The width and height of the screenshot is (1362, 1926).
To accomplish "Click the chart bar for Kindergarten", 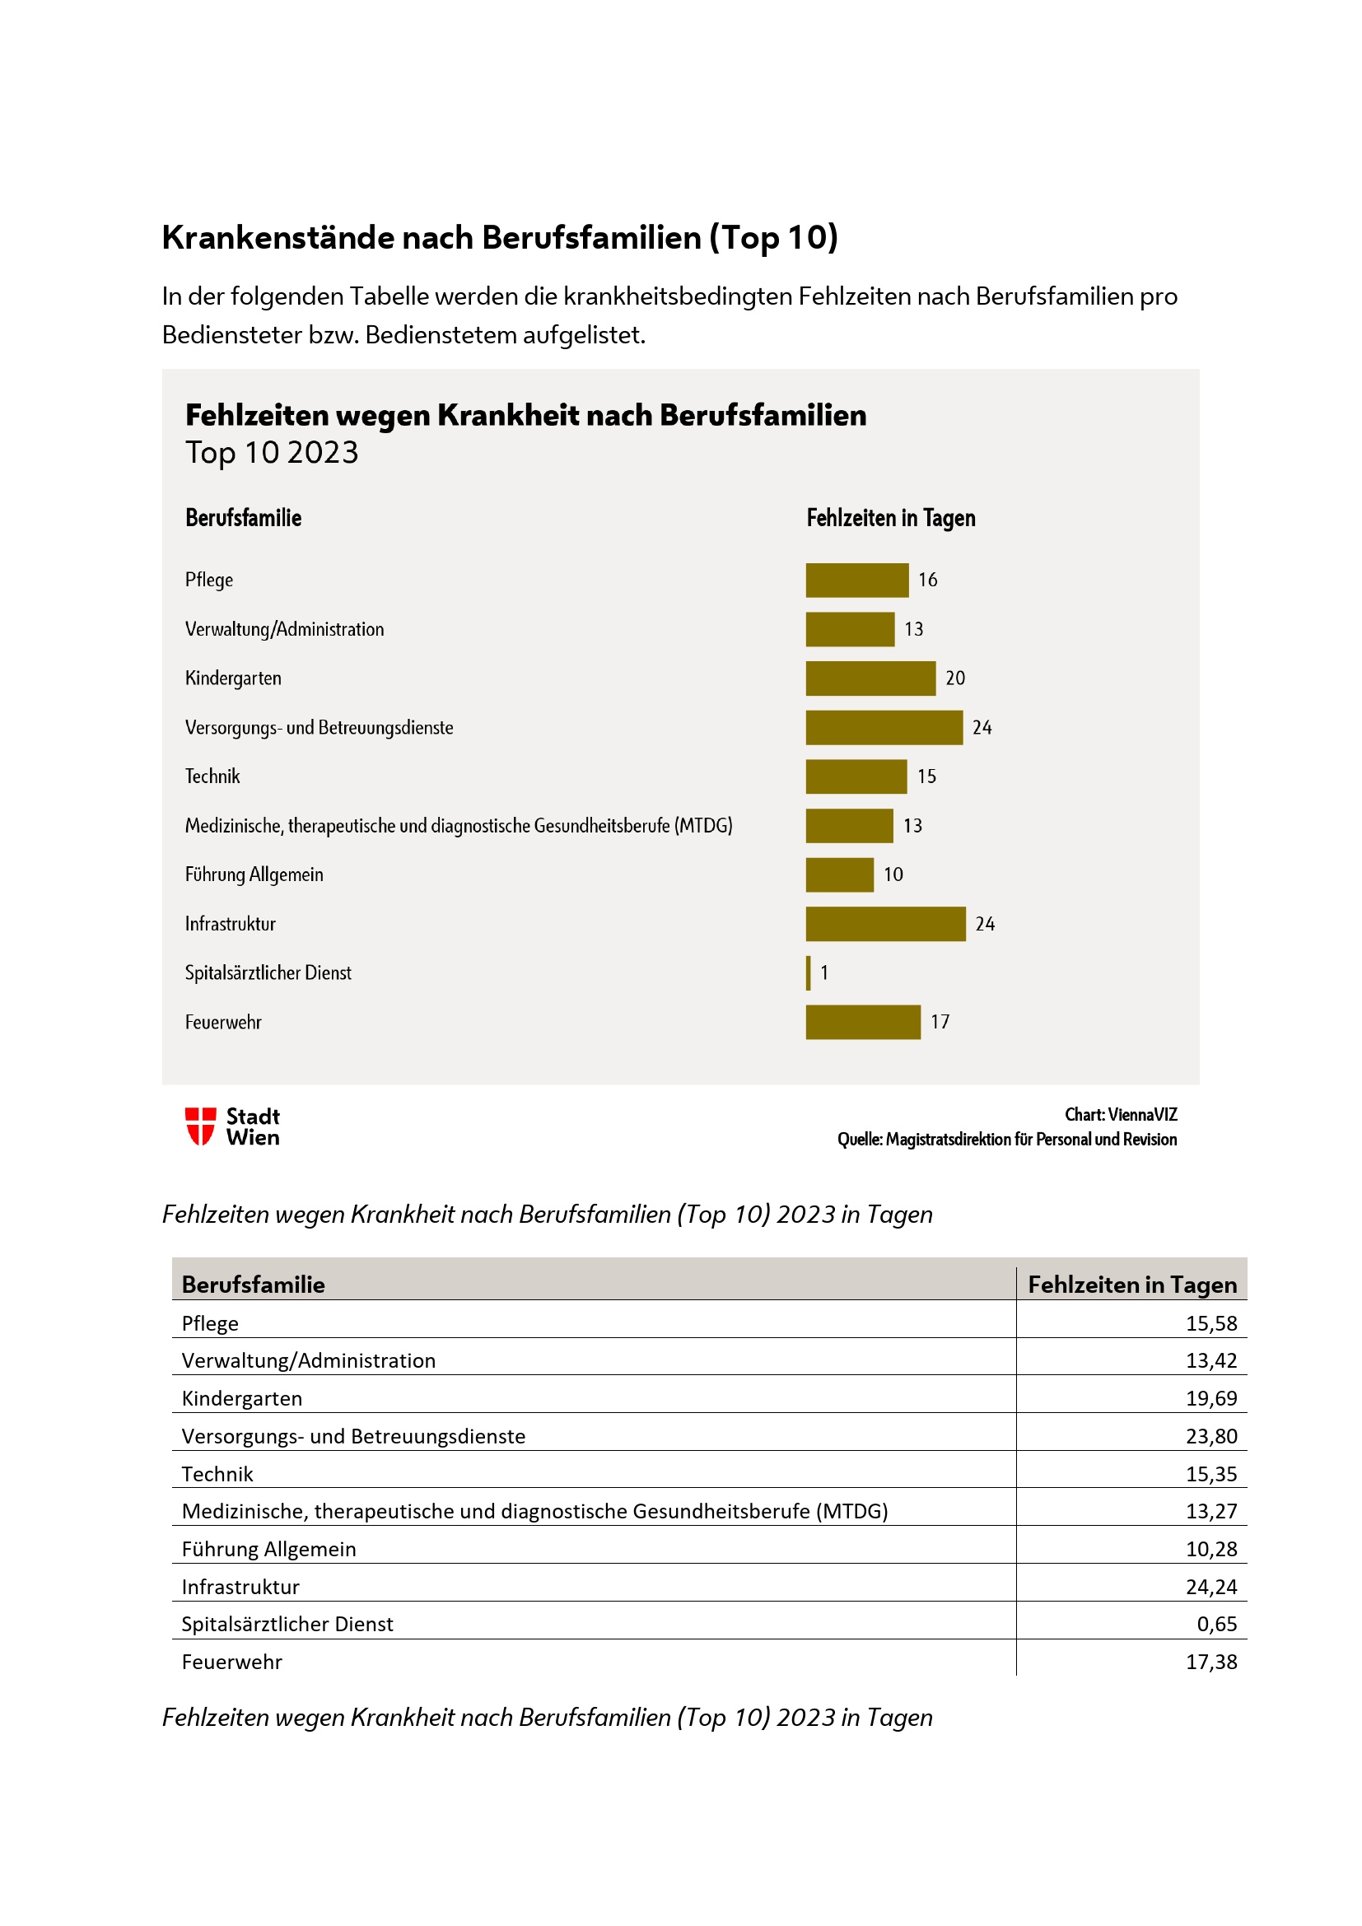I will click(x=870, y=678).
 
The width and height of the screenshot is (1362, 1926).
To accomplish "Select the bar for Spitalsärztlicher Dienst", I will click(x=809, y=973).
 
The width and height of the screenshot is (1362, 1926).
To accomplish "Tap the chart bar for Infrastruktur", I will click(x=886, y=924).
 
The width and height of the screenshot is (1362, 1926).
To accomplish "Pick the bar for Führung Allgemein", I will click(x=839, y=875).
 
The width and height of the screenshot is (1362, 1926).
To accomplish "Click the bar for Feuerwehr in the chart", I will click(x=863, y=1022).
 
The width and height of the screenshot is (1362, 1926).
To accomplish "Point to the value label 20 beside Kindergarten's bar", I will click(x=955, y=678).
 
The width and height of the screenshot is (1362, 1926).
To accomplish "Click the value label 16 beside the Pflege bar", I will click(x=927, y=580).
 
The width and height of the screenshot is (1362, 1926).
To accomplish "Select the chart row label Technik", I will click(x=212, y=776).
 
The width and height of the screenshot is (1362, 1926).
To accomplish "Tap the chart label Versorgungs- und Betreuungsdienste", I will click(x=319, y=727).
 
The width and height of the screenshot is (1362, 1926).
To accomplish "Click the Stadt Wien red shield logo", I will click(x=200, y=1126).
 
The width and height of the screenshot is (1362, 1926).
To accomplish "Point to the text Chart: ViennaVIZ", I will click(x=1121, y=1115).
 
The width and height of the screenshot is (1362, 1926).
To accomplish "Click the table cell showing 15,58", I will click(x=1211, y=1323).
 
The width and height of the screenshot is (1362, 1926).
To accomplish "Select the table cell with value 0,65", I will click(x=1217, y=1624).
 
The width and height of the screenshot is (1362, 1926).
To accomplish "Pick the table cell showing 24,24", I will click(x=1211, y=1586).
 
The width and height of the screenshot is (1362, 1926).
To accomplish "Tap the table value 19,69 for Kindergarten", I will click(x=1211, y=1398).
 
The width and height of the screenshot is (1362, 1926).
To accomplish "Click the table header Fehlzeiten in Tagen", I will click(x=1132, y=1285).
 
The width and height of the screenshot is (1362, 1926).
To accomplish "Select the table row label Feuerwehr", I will click(x=232, y=1662).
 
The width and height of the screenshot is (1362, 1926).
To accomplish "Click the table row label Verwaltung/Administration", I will click(x=309, y=1360).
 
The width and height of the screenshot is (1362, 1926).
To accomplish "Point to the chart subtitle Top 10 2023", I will click(x=272, y=453).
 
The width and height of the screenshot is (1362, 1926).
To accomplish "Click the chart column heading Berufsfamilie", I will click(x=243, y=518).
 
